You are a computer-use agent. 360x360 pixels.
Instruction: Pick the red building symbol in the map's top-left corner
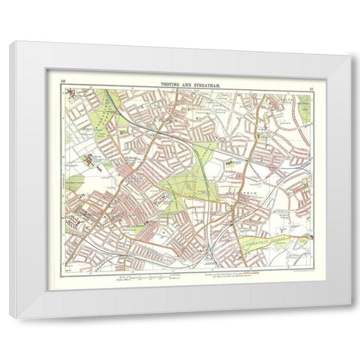70,93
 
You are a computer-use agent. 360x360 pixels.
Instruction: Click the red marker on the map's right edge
310,240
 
